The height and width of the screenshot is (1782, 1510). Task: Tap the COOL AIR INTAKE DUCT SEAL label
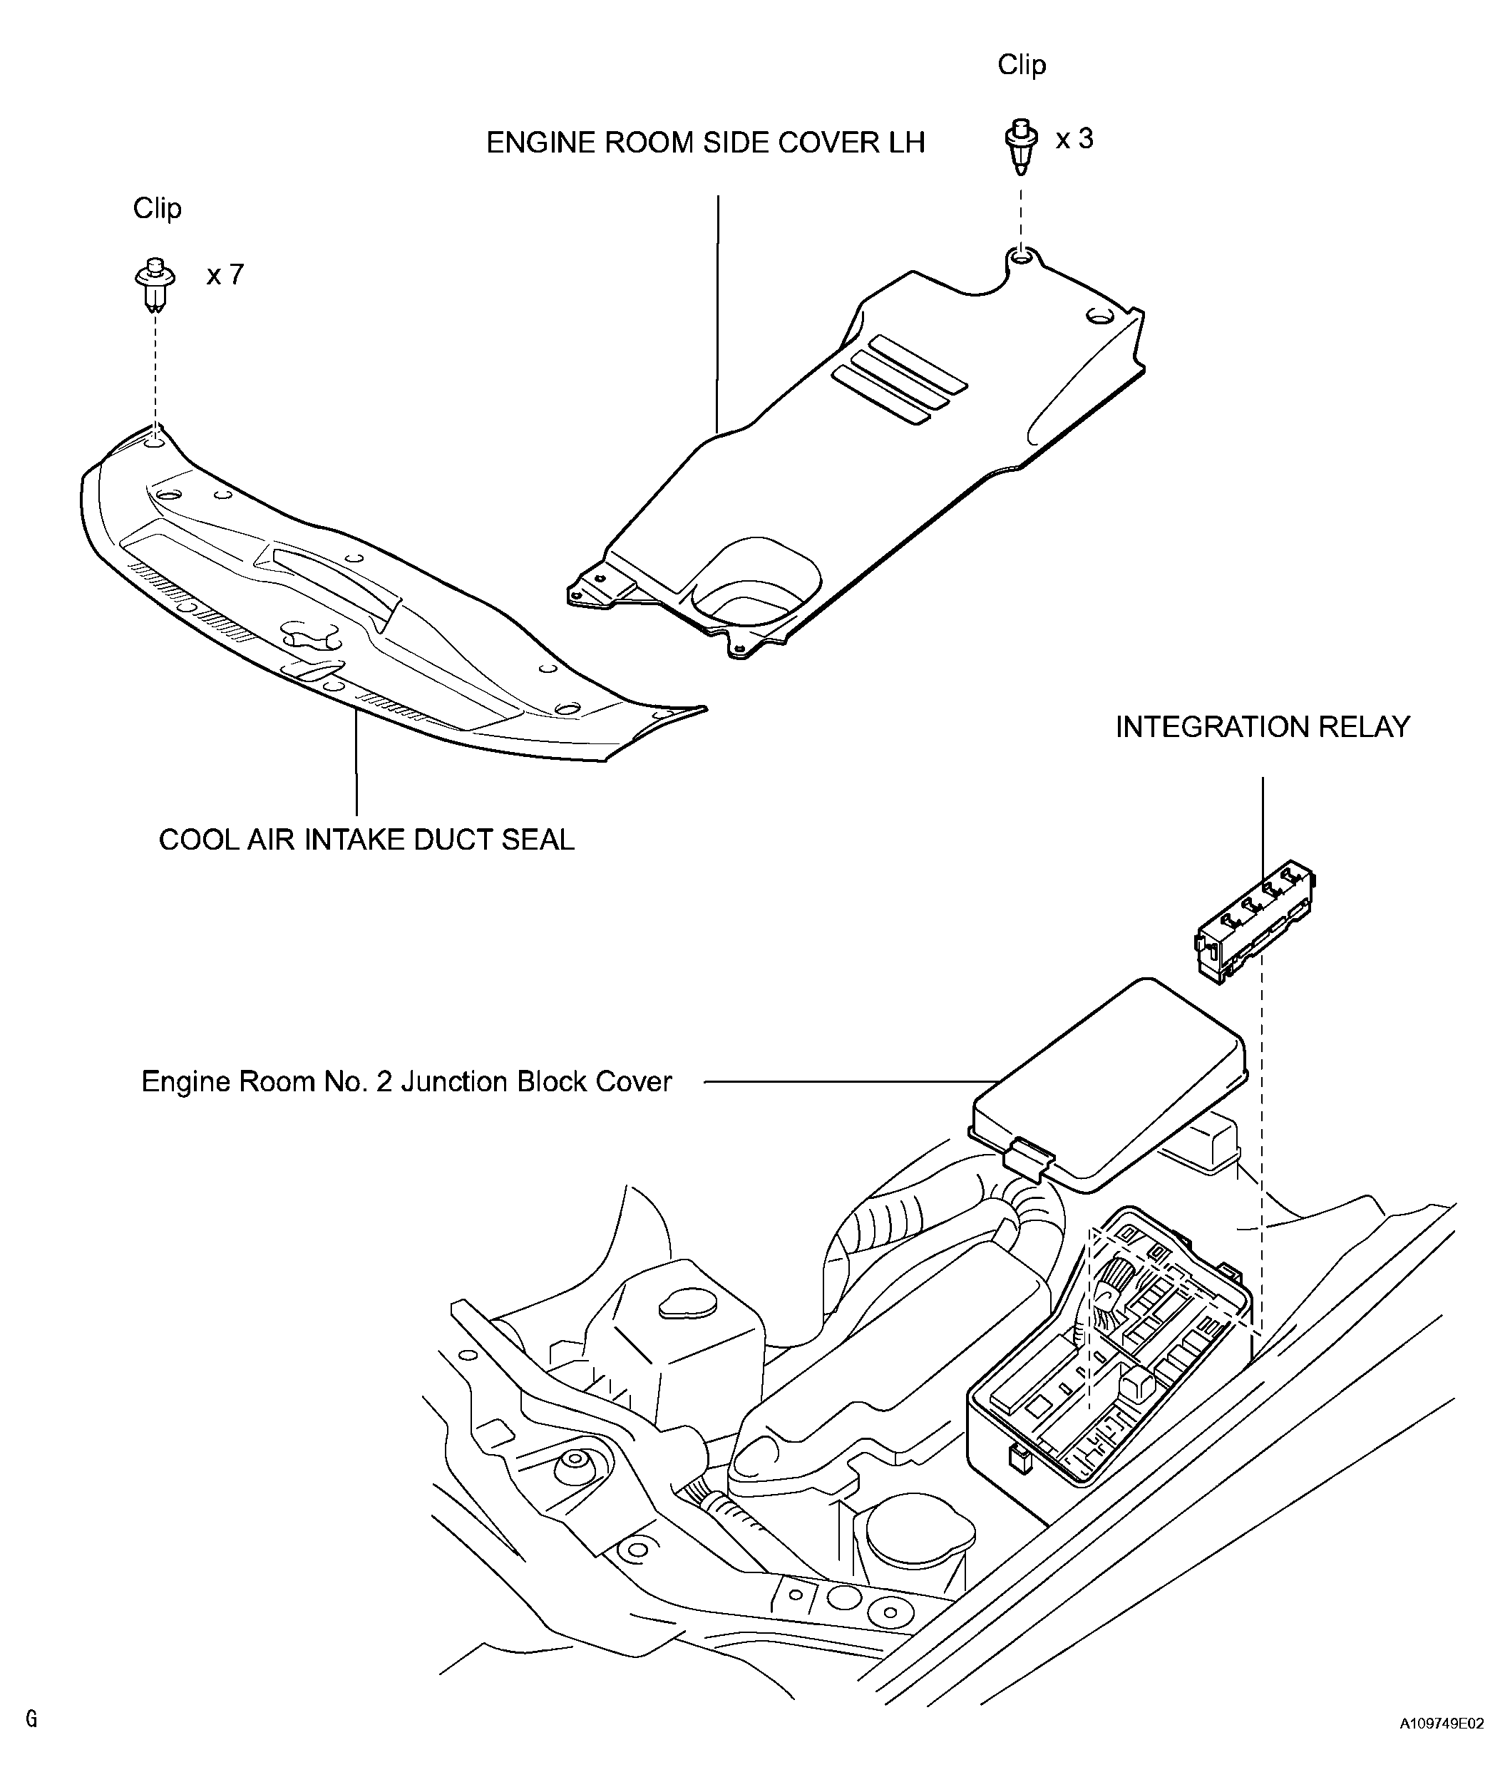(366, 840)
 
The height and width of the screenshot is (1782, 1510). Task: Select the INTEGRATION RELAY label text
(1262, 726)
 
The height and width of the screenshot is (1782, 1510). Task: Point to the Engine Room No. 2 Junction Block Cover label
(406, 1082)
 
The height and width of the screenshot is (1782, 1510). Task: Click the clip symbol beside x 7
(155, 282)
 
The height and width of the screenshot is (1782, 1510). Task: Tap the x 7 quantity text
(225, 274)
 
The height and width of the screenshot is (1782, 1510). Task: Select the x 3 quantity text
(1074, 139)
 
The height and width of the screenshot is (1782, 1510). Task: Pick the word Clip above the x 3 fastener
(1021, 65)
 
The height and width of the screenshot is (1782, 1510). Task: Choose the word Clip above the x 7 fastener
(157, 208)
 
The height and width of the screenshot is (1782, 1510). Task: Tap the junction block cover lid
(1113, 1087)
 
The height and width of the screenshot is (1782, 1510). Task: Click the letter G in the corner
(31, 1719)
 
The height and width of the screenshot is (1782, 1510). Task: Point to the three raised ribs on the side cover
(899, 380)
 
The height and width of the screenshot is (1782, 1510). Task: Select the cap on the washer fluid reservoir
(687, 1304)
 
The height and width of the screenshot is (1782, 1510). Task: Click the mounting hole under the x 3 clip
(1019, 257)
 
